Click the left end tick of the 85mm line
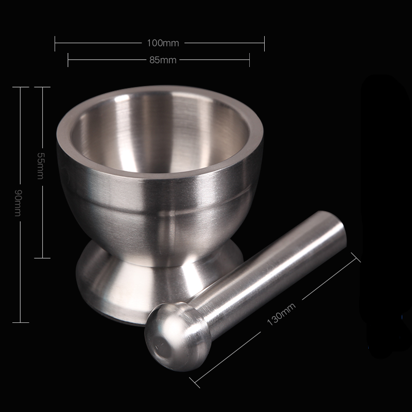click(x=68, y=60)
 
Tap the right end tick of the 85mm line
click(x=250, y=60)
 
